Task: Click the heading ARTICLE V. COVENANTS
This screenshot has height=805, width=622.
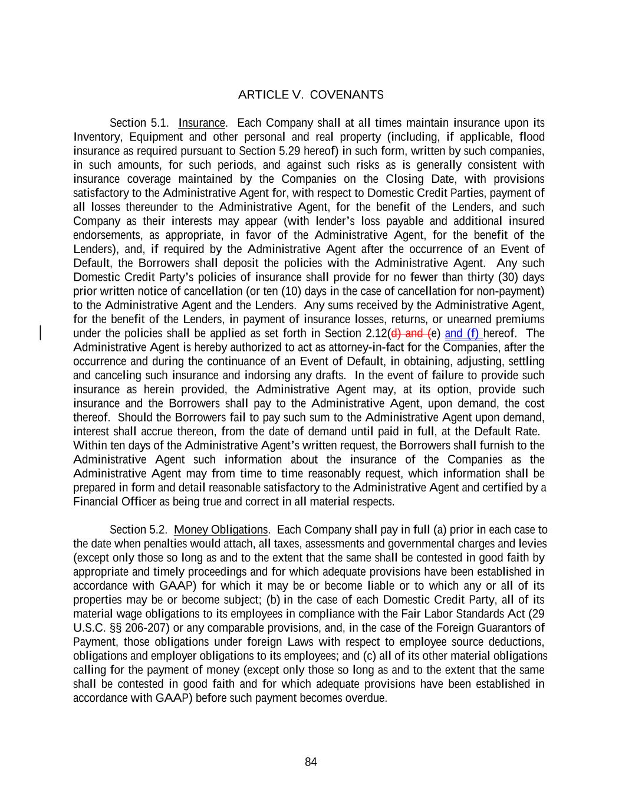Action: click(311, 95)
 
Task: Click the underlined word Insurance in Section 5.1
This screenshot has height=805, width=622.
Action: click(202, 123)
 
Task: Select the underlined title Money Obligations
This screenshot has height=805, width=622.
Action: click(221, 530)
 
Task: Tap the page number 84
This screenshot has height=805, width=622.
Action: click(311, 762)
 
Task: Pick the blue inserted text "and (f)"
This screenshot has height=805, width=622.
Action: click(463, 333)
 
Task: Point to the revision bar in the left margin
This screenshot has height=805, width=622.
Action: click(40, 333)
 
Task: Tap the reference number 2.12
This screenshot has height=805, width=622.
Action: click(373, 333)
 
